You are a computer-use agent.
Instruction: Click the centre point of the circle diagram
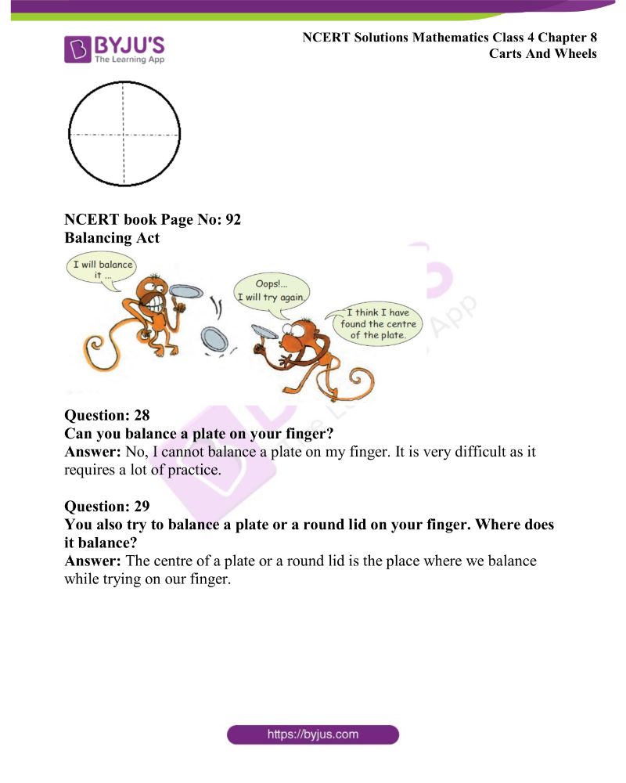click(x=123, y=135)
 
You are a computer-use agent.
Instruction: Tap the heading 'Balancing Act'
click(x=112, y=238)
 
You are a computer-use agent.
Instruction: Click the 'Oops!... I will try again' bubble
click(x=272, y=290)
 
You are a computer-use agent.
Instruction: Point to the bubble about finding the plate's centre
click(x=377, y=323)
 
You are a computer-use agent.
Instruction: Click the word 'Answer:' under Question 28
click(x=89, y=453)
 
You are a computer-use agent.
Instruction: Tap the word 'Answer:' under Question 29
click(x=89, y=561)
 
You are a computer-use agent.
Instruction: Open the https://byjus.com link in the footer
click(x=313, y=734)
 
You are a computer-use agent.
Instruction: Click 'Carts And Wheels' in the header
click(x=543, y=54)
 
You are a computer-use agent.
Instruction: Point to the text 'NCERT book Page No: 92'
click(x=153, y=220)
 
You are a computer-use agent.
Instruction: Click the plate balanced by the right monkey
click(x=265, y=332)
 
